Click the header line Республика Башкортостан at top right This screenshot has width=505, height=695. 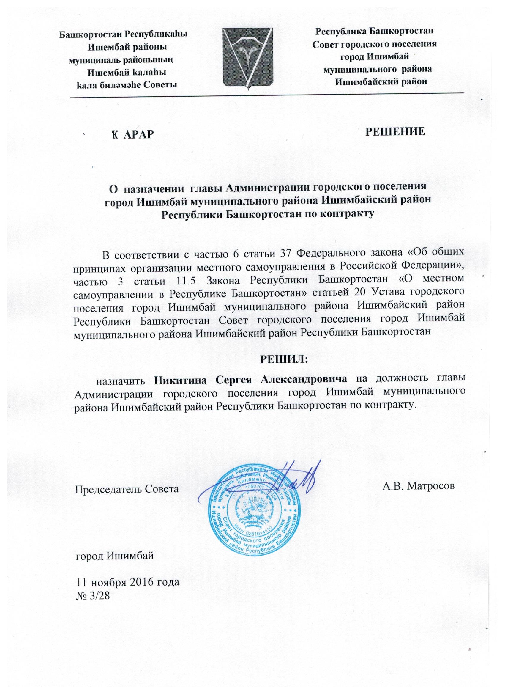pos(374,31)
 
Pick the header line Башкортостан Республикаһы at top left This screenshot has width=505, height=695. pos(123,34)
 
